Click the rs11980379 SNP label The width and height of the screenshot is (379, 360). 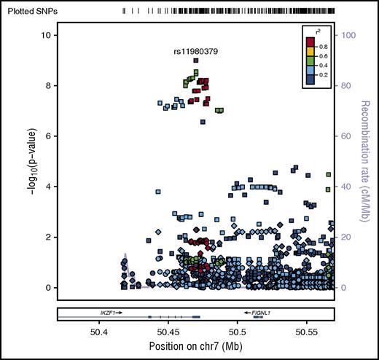196,52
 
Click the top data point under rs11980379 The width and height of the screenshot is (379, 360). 196,61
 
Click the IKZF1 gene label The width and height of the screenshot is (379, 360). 111,311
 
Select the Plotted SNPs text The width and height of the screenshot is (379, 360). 29,12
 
